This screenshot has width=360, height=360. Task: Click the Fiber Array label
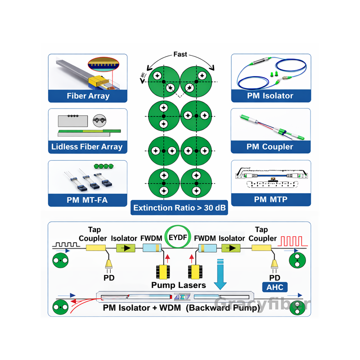click(x=88, y=95)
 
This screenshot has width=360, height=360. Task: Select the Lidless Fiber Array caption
click(x=87, y=147)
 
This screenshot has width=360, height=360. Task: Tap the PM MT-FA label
click(x=88, y=199)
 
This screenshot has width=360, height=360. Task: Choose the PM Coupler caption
click(x=270, y=147)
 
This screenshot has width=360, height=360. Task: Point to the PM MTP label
click(x=270, y=199)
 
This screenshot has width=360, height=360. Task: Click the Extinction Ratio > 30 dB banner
click(x=179, y=208)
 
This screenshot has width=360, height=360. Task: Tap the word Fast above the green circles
click(x=180, y=55)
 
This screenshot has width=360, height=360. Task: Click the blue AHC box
click(x=274, y=287)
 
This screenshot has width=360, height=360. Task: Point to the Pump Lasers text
click(x=179, y=285)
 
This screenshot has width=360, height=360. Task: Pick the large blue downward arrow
click(x=220, y=274)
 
